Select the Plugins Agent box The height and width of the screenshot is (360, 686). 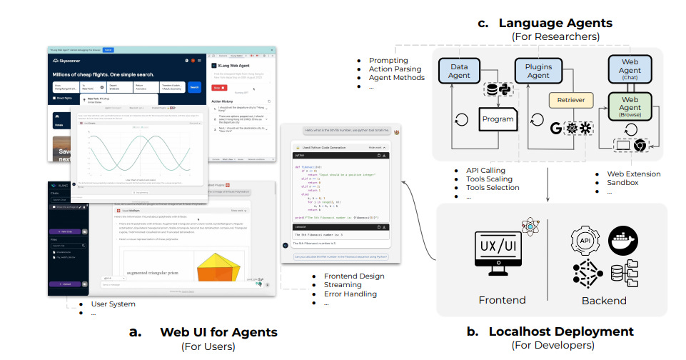[538, 70]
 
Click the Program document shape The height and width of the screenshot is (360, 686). [497, 119]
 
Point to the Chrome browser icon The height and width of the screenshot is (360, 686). [641, 146]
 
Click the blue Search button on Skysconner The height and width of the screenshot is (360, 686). [194, 88]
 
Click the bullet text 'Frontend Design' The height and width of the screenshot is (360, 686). [354, 276]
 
